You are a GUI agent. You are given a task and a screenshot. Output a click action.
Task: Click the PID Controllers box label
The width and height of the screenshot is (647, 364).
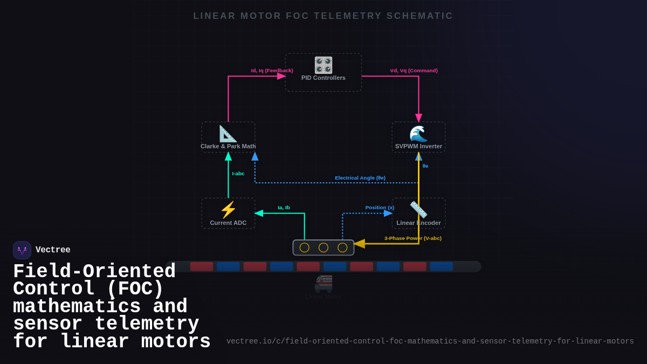pyautogui.click(x=323, y=78)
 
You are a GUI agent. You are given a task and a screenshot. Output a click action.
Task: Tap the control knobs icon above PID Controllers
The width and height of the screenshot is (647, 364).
pyautogui.click(x=323, y=65)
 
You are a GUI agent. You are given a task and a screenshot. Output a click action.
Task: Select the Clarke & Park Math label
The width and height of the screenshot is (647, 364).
pyautogui.click(x=228, y=146)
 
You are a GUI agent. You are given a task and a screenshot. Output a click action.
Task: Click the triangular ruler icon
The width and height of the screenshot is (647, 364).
pyautogui.click(x=228, y=133)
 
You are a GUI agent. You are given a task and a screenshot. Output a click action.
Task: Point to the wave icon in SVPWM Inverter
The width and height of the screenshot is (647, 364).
pyautogui.click(x=418, y=133)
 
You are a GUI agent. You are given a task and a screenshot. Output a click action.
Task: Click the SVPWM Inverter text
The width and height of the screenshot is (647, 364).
pyautogui.click(x=418, y=146)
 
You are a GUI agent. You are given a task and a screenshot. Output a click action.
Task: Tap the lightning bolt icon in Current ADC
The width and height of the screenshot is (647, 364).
pyautogui.click(x=228, y=210)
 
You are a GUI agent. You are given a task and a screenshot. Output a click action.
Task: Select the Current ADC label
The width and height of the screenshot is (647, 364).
pyautogui.click(x=228, y=223)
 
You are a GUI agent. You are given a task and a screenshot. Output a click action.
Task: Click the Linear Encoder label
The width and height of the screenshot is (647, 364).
pyautogui.click(x=418, y=223)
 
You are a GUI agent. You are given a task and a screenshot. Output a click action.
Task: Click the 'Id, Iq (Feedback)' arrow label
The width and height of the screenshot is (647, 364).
pyautogui.click(x=272, y=71)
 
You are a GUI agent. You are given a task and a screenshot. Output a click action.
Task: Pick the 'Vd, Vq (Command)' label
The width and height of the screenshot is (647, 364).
pyautogui.click(x=414, y=71)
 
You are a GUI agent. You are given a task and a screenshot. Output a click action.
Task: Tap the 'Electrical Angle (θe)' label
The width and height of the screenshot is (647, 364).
pyautogui.click(x=360, y=178)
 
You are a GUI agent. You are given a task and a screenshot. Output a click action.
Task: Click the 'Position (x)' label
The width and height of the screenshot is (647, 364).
pyautogui.click(x=380, y=208)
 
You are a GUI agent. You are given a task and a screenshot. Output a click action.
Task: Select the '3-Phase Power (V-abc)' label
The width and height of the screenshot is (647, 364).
pyautogui.click(x=412, y=238)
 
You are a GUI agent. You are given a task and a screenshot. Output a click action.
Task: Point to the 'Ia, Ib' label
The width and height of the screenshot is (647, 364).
pyautogui.click(x=284, y=208)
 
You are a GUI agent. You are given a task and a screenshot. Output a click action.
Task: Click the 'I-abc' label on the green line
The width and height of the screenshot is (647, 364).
pyautogui.click(x=238, y=174)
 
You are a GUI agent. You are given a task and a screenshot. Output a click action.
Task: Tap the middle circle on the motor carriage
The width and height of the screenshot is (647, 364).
pyautogui.click(x=323, y=248)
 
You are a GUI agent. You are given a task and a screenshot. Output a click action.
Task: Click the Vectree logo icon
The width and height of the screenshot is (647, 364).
pyautogui.click(x=22, y=250)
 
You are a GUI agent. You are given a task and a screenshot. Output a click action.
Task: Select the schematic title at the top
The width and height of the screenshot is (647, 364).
pyautogui.click(x=323, y=16)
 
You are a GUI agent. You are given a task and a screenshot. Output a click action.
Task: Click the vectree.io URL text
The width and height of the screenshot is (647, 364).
pyautogui.click(x=430, y=341)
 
